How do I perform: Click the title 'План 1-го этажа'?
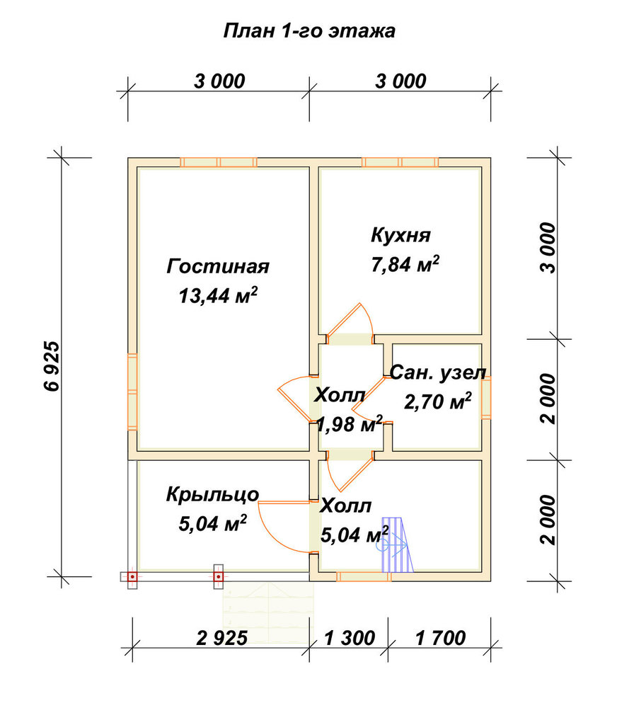pyautogui.click(x=309, y=30)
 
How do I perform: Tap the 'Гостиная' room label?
pyautogui.click(x=218, y=266)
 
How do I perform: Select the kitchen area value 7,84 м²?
pyautogui.click(x=405, y=264)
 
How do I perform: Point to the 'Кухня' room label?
pyautogui.click(x=400, y=235)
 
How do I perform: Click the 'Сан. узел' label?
pyautogui.click(x=438, y=373)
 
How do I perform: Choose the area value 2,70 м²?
pyautogui.click(x=437, y=401)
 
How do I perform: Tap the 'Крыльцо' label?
pyautogui.click(x=212, y=495)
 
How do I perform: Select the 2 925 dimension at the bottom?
pyautogui.click(x=222, y=638)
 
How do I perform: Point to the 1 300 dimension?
pyautogui.click(x=350, y=638)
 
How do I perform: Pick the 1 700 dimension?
pyautogui.click(x=441, y=638)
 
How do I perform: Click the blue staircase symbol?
pyautogui.click(x=397, y=545)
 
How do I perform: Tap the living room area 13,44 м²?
pyautogui.click(x=218, y=296)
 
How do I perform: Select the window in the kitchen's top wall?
pyautogui.click(x=400, y=163)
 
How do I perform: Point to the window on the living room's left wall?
pyautogui.click(x=132, y=392)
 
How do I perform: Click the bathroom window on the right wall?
pyautogui.click(x=486, y=399)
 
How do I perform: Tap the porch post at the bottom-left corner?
pyautogui.click(x=132, y=576)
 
